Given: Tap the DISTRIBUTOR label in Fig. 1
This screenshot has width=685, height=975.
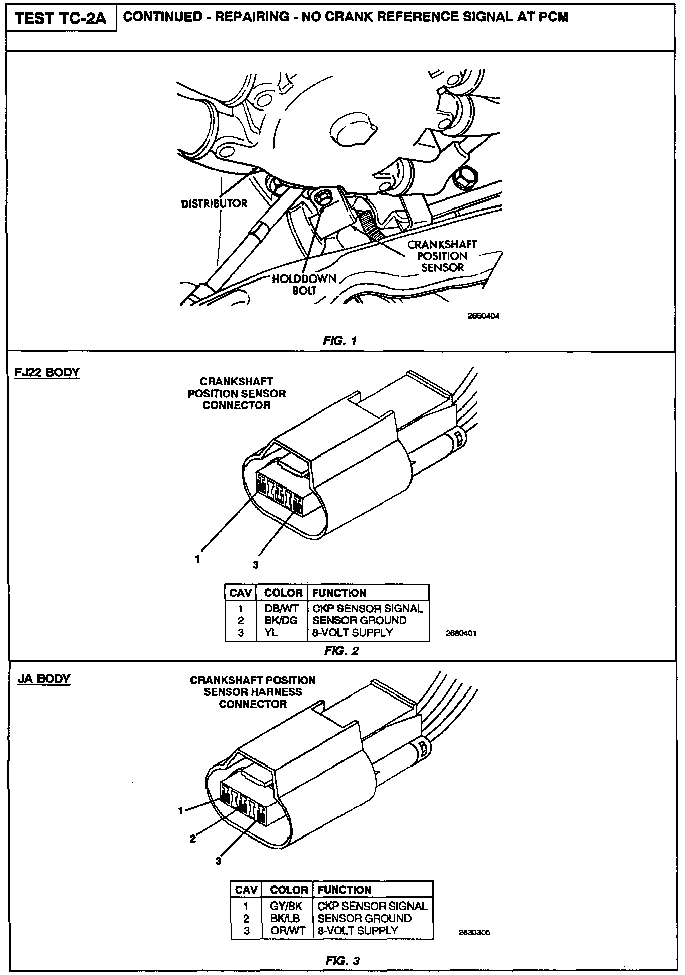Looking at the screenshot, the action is (214, 203).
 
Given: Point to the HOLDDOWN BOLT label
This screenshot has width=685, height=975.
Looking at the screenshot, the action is (304, 285).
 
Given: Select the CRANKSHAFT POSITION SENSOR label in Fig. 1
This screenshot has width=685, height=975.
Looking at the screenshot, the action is (442, 256).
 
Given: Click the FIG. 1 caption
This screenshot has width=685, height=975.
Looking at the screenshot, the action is (340, 341).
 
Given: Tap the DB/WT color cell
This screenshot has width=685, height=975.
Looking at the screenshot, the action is (282, 608).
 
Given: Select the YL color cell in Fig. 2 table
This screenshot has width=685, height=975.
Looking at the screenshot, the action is (271, 633).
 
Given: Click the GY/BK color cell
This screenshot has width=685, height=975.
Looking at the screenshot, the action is (287, 906).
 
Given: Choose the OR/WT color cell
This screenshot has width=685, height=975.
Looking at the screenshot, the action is (288, 930).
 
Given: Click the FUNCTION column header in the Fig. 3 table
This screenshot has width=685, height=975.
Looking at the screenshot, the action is (345, 890).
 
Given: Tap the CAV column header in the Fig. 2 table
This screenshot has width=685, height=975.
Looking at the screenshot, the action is (240, 593).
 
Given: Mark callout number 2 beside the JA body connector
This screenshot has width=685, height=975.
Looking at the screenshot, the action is (192, 839).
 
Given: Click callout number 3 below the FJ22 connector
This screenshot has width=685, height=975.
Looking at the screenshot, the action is (256, 565).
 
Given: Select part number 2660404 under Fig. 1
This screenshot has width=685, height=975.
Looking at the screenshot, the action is (484, 316).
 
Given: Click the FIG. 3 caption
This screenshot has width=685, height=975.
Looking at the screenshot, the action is (342, 961).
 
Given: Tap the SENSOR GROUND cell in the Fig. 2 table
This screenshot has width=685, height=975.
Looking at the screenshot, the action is (359, 620).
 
